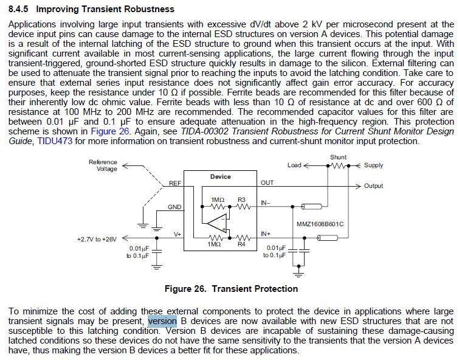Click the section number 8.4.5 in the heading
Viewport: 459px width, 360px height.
pos(21,9)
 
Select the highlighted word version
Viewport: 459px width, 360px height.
pos(162,321)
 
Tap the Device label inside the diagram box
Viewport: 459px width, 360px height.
pos(220,176)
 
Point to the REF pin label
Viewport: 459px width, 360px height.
pos(175,183)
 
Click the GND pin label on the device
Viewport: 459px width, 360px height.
pos(175,207)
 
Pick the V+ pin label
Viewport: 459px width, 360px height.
pos(178,234)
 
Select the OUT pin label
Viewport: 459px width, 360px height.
pos(267,182)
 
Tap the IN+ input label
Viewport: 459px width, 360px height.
pos(266,234)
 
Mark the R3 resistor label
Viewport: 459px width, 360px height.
pos(241,199)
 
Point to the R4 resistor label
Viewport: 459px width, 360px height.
pos(241,244)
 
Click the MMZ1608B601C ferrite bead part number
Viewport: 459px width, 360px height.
pos(320,224)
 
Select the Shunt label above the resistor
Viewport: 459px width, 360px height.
pos(338,157)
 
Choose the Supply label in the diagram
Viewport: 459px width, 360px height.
pos(373,165)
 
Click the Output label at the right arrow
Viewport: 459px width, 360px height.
pos(373,186)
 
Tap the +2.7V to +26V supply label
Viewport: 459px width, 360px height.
pos(97,239)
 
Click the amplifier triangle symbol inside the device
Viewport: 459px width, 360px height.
pos(219,223)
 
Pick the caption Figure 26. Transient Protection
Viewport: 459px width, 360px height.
pos(231,288)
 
